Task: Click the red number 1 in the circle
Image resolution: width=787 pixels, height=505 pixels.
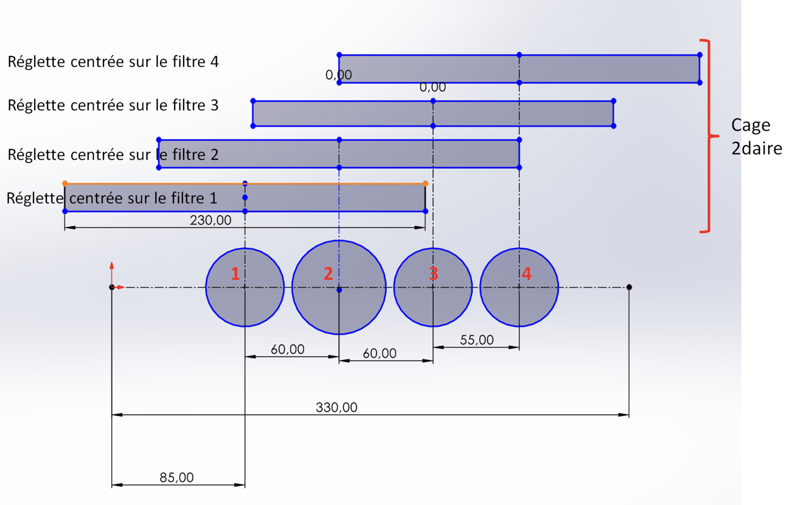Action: tap(236, 273)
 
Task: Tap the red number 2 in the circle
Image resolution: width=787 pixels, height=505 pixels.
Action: tap(328, 273)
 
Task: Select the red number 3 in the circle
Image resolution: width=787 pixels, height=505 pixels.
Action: tap(433, 273)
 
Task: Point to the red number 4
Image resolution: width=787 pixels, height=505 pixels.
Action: tap(526, 273)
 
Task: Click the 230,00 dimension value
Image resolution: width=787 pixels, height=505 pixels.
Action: tap(210, 220)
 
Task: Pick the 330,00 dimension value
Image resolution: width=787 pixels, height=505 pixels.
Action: tap(336, 407)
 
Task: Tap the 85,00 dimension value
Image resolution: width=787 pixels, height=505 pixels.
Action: tap(176, 477)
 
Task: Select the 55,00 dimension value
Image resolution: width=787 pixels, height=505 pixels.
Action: tap(476, 340)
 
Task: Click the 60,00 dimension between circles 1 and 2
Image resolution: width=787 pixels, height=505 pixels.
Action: tap(287, 349)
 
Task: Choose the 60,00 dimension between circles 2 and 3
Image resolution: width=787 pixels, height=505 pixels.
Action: tap(379, 353)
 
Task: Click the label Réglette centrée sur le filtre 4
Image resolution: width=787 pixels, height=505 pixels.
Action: tap(113, 62)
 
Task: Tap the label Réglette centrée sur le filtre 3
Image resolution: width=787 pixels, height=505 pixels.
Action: tap(113, 106)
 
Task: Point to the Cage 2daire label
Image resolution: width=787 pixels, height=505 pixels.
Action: tap(756, 136)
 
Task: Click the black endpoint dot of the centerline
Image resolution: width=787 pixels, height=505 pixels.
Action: tap(629, 287)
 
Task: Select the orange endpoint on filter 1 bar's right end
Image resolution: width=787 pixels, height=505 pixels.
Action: tap(426, 184)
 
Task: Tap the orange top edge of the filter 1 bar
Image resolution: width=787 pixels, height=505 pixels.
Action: tap(157, 184)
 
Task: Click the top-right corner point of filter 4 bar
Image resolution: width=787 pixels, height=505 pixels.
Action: tap(699, 55)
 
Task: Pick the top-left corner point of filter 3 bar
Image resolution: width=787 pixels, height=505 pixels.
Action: tap(253, 101)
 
